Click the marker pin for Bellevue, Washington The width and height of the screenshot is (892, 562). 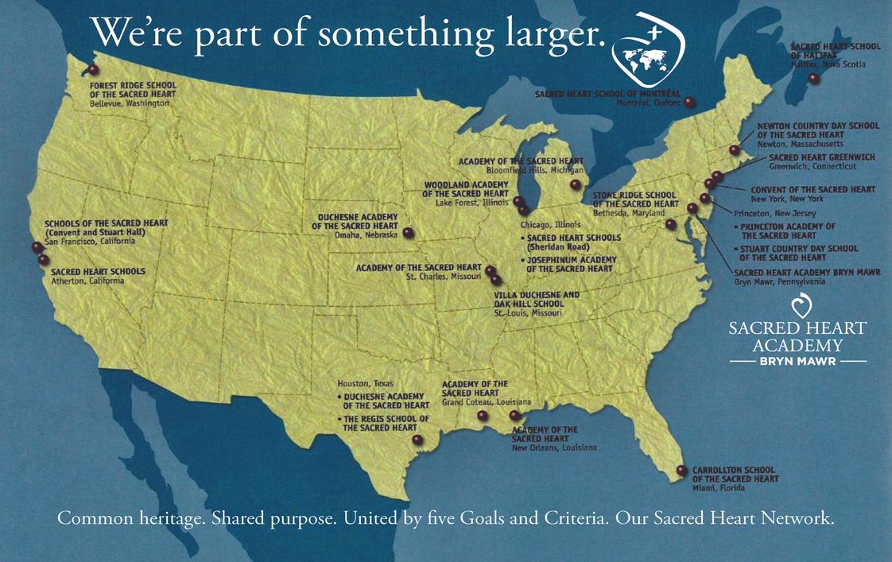click(93, 70)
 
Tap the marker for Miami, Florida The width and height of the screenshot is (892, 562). click(681, 471)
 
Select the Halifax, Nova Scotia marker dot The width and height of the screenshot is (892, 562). click(813, 79)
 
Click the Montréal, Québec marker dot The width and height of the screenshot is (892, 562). click(689, 103)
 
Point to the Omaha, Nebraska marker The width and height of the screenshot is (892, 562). click(408, 233)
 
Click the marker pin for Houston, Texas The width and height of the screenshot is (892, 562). click(418, 440)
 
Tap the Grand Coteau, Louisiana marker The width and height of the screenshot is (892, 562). click(483, 415)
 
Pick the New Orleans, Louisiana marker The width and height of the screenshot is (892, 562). click(514, 415)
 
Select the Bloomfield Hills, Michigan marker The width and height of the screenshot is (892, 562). click(575, 185)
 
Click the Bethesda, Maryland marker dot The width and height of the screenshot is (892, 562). click(670, 225)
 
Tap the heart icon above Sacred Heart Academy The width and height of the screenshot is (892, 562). click(797, 306)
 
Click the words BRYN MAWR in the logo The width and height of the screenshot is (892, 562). click(797, 361)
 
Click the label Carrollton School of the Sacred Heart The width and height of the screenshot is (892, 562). click(735, 475)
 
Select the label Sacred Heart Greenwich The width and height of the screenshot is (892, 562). click(821, 157)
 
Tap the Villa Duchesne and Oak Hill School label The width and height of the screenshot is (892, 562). click(537, 300)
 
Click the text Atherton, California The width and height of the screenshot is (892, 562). click(87, 281)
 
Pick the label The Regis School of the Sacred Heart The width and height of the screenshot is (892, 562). click(386, 423)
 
